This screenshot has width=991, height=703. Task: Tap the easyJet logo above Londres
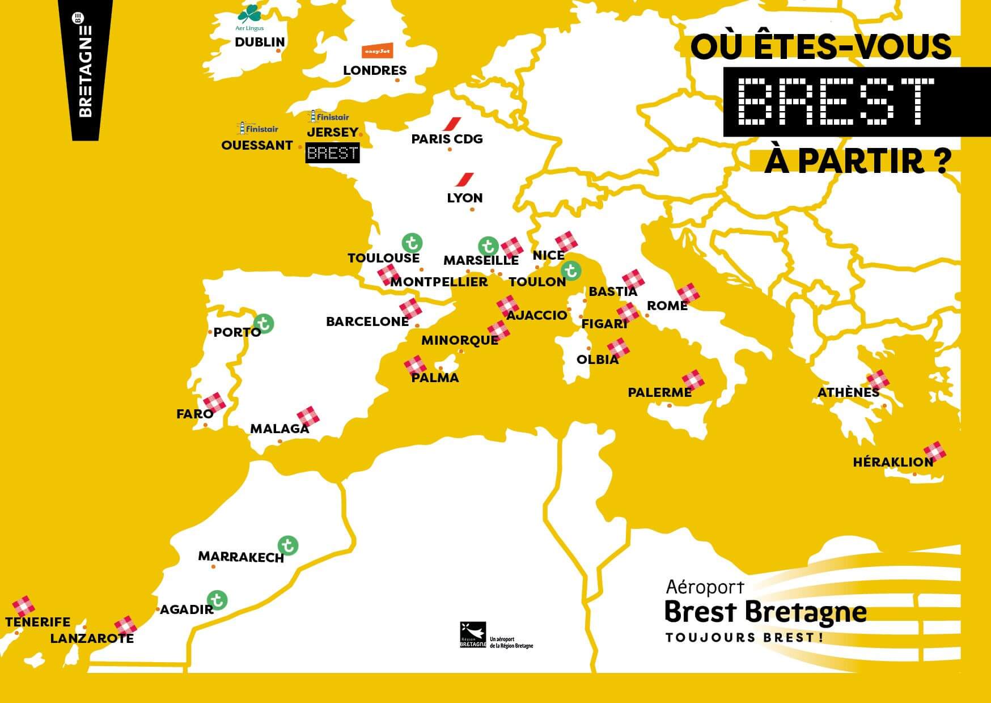[x=378, y=51]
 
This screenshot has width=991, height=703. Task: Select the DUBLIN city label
[x=260, y=42]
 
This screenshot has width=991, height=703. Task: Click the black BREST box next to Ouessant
[x=332, y=153]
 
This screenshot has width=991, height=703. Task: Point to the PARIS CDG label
[x=447, y=139]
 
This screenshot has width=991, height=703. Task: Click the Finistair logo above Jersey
[x=328, y=117]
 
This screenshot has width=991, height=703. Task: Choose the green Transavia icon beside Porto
[x=263, y=324]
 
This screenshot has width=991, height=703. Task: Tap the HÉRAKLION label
[x=893, y=462]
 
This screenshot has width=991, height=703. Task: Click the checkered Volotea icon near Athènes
[x=876, y=380]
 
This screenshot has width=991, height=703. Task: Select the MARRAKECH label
[x=241, y=557]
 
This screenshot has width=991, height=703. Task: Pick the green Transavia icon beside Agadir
[x=217, y=600]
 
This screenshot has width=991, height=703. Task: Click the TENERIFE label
[x=38, y=622]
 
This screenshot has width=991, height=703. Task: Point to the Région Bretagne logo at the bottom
[x=473, y=634]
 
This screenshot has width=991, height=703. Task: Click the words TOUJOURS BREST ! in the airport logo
[x=744, y=638]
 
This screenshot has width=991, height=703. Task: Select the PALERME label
[x=659, y=392]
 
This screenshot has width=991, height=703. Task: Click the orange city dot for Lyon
[x=472, y=210]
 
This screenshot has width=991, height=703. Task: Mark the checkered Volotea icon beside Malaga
[x=308, y=416]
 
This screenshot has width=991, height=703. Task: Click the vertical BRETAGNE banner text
[x=85, y=71]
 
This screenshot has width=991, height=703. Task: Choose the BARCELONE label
[x=367, y=321]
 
